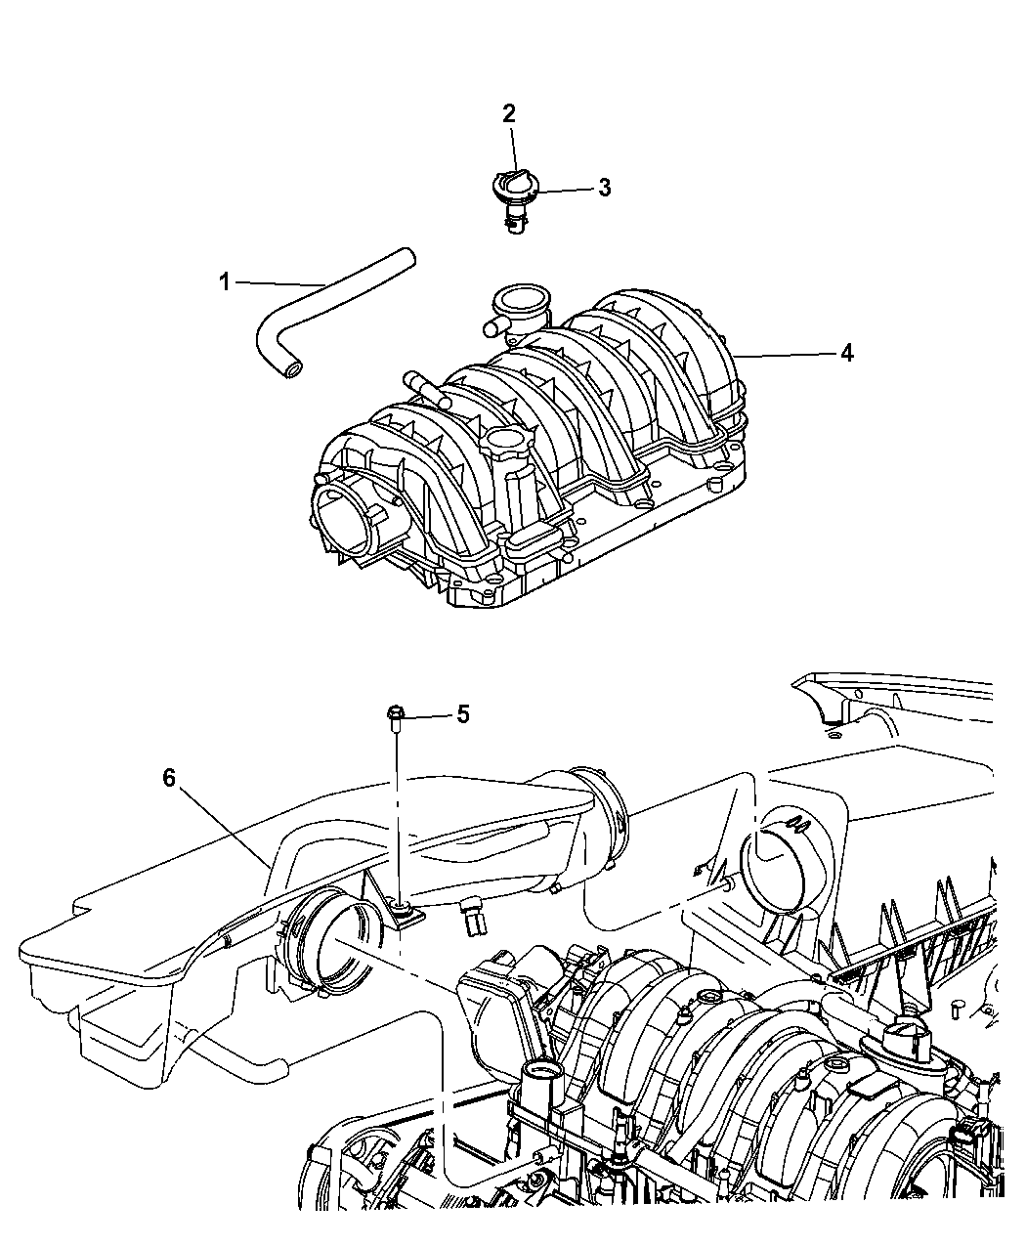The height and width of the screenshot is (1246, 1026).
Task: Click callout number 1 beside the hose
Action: (x=225, y=281)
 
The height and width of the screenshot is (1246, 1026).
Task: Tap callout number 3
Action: (x=605, y=188)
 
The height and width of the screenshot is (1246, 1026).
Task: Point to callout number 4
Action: (x=846, y=353)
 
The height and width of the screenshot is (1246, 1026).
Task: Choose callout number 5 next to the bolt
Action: (x=463, y=714)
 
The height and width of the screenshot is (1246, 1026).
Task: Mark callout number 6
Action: (x=169, y=778)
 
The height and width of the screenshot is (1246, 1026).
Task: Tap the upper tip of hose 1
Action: (x=407, y=255)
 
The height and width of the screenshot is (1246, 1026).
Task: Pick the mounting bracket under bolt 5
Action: (x=394, y=924)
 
